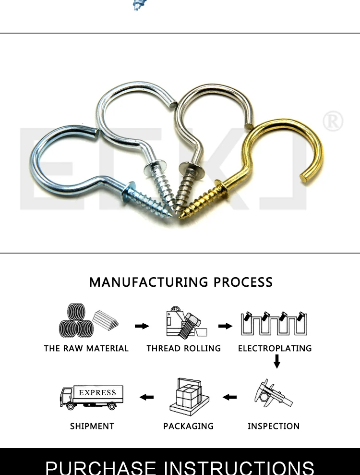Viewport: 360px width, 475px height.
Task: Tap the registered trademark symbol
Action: coord(333,122)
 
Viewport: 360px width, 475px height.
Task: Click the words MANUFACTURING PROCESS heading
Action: coord(180,282)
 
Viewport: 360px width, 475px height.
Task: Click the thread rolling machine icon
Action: coord(184,322)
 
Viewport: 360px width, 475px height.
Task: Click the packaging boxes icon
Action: coord(189,397)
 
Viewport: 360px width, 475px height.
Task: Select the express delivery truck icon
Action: coord(91,397)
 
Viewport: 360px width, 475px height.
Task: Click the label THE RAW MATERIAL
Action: coord(86,348)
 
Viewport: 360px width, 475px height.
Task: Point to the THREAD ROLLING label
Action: coord(184,348)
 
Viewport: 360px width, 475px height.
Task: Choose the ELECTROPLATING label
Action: coord(275,348)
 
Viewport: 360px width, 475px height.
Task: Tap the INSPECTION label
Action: coord(274,426)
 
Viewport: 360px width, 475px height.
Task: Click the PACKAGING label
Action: coord(189,426)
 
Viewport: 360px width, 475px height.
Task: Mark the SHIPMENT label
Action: coord(92,426)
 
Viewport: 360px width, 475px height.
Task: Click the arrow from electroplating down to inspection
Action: coord(276,361)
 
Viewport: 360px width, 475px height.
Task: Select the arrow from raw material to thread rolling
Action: coord(142,326)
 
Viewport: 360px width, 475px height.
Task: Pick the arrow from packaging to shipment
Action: coord(146,397)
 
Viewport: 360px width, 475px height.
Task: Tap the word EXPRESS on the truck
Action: coord(97,392)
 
